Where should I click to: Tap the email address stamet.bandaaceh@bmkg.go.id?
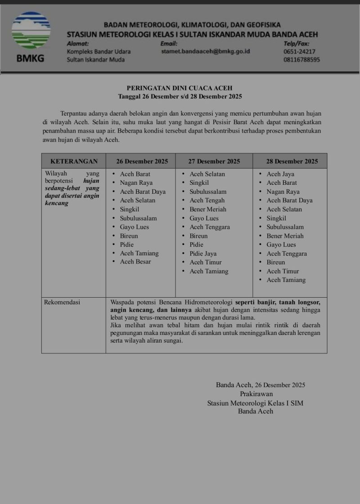tap(205, 52)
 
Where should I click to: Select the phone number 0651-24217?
tap(299, 52)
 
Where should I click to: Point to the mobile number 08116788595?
tap(302, 60)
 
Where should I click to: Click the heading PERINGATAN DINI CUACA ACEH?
tap(180, 88)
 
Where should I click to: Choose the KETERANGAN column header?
tap(74, 161)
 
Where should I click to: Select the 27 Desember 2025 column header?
tap(214, 161)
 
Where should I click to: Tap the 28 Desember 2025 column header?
tap(292, 161)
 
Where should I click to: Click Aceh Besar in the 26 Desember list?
tap(135, 262)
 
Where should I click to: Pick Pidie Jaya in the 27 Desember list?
tap(203, 254)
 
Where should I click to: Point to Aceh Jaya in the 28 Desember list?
tap(280, 174)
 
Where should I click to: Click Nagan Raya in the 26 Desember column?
tap(136, 183)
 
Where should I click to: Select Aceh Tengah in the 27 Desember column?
tap(207, 201)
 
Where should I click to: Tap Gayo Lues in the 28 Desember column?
tap(281, 245)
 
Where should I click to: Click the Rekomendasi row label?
tap(62, 303)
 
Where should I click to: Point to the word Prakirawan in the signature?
tap(256, 394)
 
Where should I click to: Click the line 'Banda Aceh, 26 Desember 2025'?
tap(261, 385)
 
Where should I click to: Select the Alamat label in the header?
tap(77, 44)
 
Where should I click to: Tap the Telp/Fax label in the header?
tap(296, 44)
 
